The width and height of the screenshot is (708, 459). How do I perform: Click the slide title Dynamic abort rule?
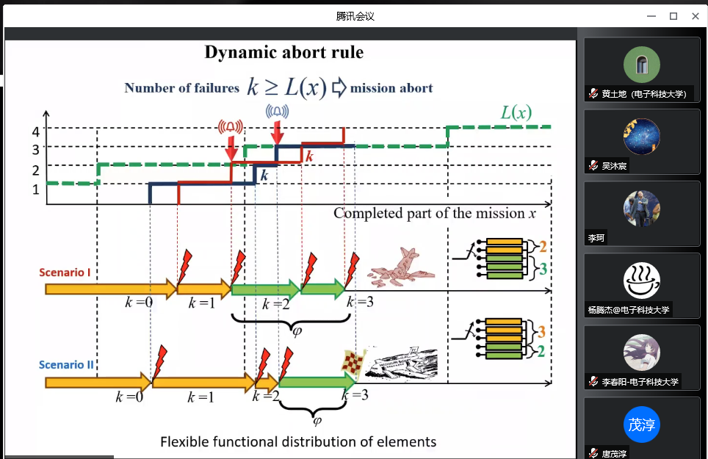pos(283,52)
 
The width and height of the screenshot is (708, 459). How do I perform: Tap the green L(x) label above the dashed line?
pos(516,112)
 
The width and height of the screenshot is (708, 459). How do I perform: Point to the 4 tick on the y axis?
pos(35,132)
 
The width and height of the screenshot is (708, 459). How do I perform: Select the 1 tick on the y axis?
pos(35,189)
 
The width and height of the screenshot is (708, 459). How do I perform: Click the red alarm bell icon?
pos(231,126)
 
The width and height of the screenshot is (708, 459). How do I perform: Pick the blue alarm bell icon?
pos(277,111)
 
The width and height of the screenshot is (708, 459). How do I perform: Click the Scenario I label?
pos(65,272)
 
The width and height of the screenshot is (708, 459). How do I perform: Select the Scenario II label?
pos(69,365)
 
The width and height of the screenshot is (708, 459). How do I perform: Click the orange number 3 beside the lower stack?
pos(542,331)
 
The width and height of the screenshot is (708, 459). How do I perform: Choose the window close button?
pos(695,16)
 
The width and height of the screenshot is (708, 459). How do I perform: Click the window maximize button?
pos(673,16)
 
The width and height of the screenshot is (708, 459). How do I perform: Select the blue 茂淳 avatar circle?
pos(641,424)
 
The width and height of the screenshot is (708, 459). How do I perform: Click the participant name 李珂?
pos(595,239)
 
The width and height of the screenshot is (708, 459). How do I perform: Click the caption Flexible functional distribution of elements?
pos(298,441)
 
